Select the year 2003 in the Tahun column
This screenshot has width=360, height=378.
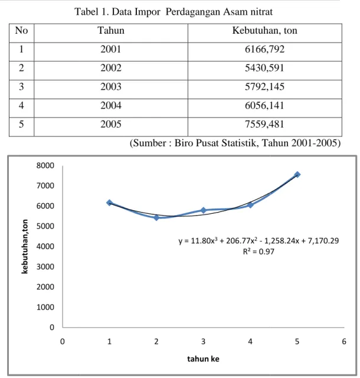coord(111,87)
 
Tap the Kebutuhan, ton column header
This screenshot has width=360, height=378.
coord(264,31)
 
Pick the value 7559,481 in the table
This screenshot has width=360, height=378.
coord(264,125)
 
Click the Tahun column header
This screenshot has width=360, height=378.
coord(111,31)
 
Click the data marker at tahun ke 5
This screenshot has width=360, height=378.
coord(297,174)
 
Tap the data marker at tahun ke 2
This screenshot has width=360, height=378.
coord(156,218)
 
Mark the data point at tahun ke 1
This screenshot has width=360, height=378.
coord(109,203)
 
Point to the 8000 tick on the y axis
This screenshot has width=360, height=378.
coord(45,165)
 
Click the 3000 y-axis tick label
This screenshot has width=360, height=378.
coord(45,266)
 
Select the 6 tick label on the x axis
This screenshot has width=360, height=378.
coord(344,341)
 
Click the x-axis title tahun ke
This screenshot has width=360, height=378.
coord(203,359)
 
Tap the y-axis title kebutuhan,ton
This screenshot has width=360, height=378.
coord(25,246)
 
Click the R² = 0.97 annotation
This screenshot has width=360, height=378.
coord(258,252)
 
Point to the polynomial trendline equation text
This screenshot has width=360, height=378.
coord(258,240)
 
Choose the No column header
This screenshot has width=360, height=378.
coord(21,31)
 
